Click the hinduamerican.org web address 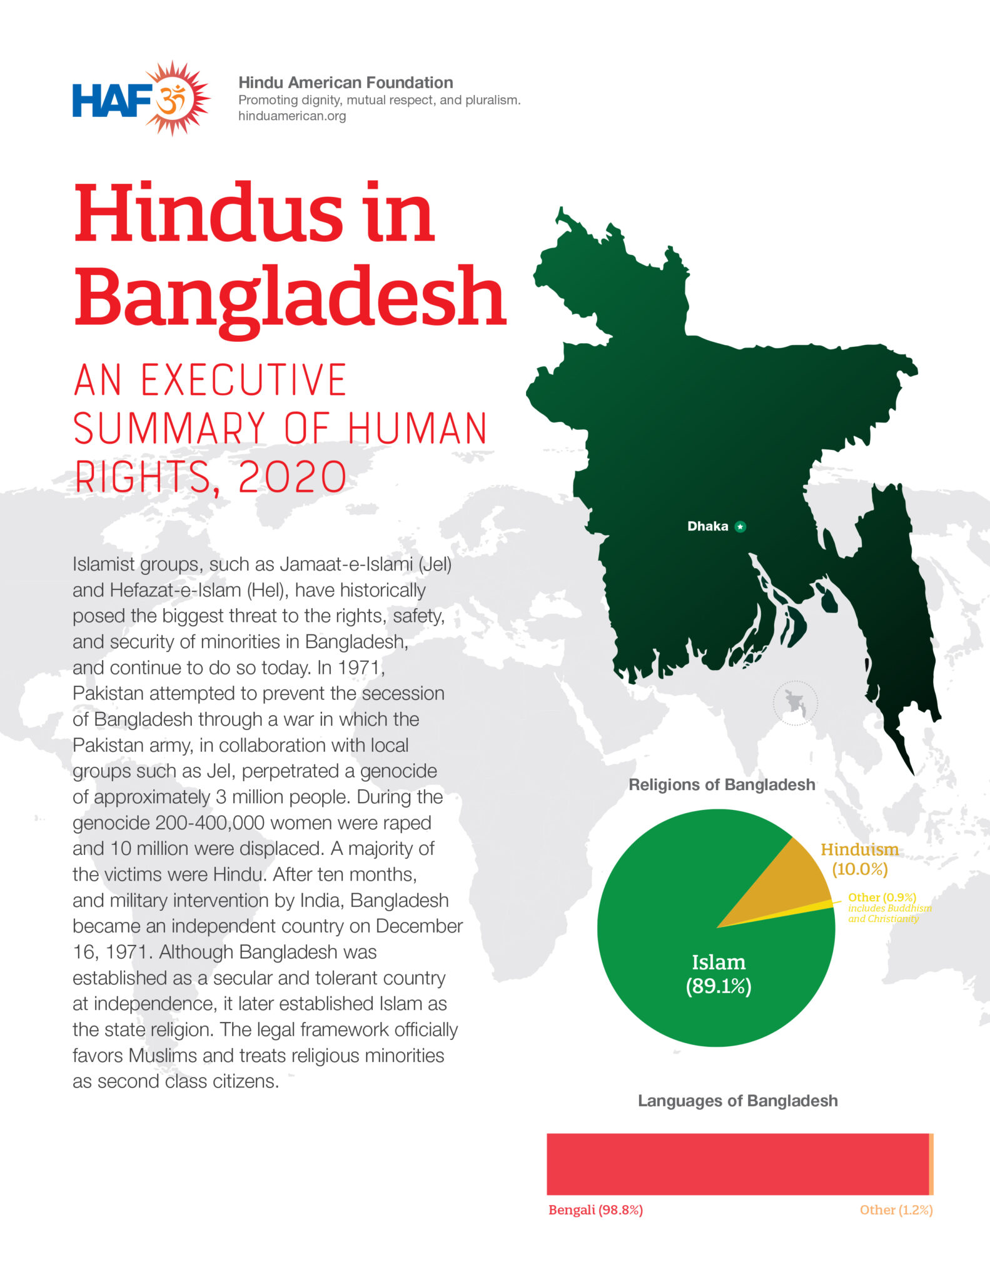pyautogui.click(x=291, y=116)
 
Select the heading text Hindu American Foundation pyautogui.click(x=345, y=82)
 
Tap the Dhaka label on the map pyautogui.click(x=707, y=526)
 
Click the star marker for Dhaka pyautogui.click(x=740, y=527)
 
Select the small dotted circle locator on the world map pyautogui.click(x=795, y=703)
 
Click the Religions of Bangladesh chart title pyautogui.click(x=722, y=785)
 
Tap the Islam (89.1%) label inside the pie pyautogui.click(x=719, y=974)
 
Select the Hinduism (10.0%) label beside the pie pyautogui.click(x=859, y=859)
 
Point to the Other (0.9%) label pyautogui.click(x=882, y=897)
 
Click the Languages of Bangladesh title pyautogui.click(x=737, y=1101)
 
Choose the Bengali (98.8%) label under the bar pyautogui.click(x=595, y=1210)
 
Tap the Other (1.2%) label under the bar pyautogui.click(x=896, y=1210)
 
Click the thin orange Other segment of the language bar pyautogui.click(x=931, y=1164)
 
